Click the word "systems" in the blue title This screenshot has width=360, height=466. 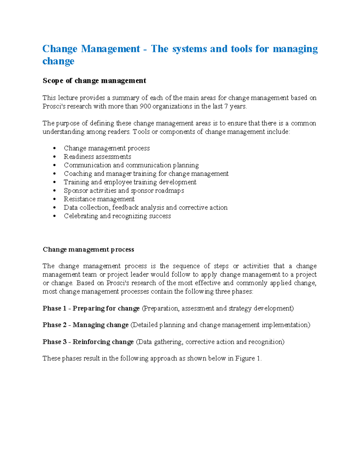click(x=189, y=49)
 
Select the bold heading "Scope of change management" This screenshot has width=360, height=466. click(x=94, y=81)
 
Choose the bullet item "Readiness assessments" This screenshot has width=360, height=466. click(x=97, y=157)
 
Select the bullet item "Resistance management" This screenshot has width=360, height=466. click(x=99, y=199)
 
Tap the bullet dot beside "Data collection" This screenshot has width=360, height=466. click(x=54, y=208)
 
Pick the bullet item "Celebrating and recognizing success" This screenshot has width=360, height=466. click(x=117, y=216)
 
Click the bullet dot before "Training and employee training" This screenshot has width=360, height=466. click(x=54, y=182)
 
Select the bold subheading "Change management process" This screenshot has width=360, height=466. click(x=88, y=250)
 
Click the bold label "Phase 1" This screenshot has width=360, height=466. click(x=54, y=308)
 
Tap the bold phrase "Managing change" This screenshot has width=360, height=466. click(x=100, y=325)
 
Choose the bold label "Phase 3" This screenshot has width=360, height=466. click(x=54, y=342)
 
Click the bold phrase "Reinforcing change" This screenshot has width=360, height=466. click(x=103, y=342)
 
